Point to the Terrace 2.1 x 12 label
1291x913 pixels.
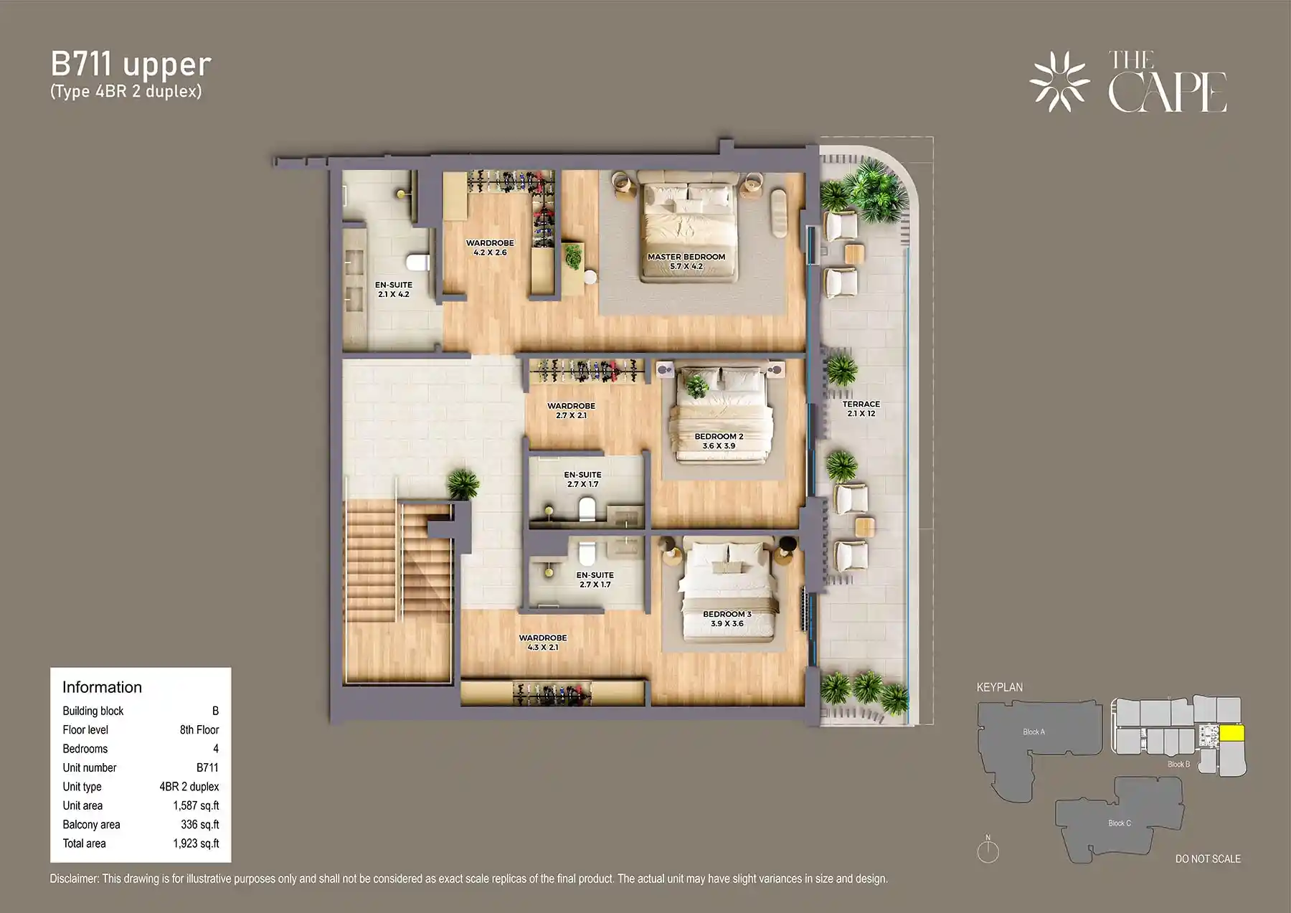(861, 409)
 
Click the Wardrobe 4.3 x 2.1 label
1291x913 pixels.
(543, 642)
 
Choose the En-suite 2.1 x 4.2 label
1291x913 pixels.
(393, 289)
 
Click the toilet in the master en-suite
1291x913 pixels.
(418, 261)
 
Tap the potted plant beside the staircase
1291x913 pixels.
(463, 483)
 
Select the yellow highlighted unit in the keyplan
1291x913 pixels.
(1232, 734)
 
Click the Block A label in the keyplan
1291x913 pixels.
(1034, 732)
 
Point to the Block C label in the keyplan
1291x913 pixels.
(1119, 823)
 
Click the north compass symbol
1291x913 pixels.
(988, 851)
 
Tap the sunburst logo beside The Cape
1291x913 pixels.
(1059, 82)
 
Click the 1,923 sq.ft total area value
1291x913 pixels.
(196, 843)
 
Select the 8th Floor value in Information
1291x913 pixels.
(199, 729)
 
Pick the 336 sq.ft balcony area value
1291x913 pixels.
(199, 825)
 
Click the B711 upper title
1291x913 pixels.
(131, 65)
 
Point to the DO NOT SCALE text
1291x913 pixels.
(1208, 858)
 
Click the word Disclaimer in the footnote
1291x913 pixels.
(74, 879)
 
